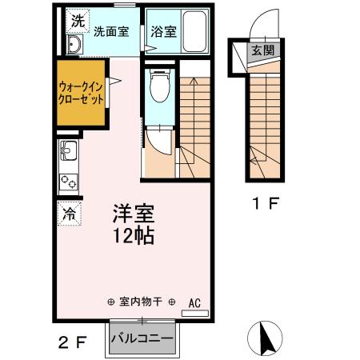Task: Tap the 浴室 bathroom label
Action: tap(162, 32)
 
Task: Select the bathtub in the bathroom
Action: tap(193, 30)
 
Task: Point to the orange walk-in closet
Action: tap(80, 98)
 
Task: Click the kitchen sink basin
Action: tap(68, 150)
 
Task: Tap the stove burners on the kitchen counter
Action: tap(68, 181)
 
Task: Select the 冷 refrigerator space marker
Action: tap(69, 214)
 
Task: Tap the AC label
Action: tap(194, 303)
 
